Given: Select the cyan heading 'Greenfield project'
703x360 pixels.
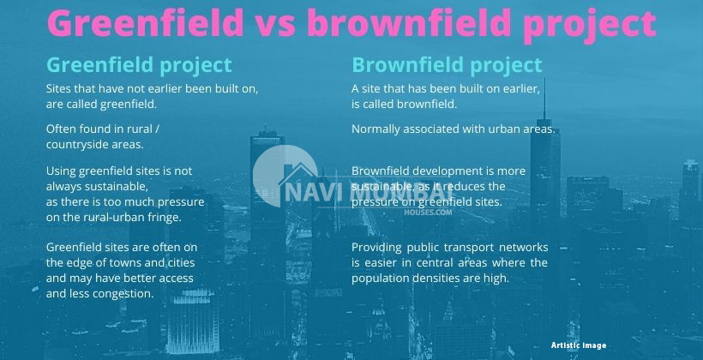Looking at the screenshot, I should pyautogui.click(x=139, y=65).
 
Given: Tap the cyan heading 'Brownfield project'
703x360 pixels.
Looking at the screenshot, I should pyautogui.click(x=447, y=65).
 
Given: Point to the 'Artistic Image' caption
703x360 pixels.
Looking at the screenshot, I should pyautogui.click(x=579, y=345).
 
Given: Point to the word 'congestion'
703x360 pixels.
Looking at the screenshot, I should pyautogui.click(x=124, y=293).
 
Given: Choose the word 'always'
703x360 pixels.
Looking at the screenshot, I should pyautogui.click(x=64, y=187).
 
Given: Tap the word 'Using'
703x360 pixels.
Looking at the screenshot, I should pyautogui.click(x=61, y=171).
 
